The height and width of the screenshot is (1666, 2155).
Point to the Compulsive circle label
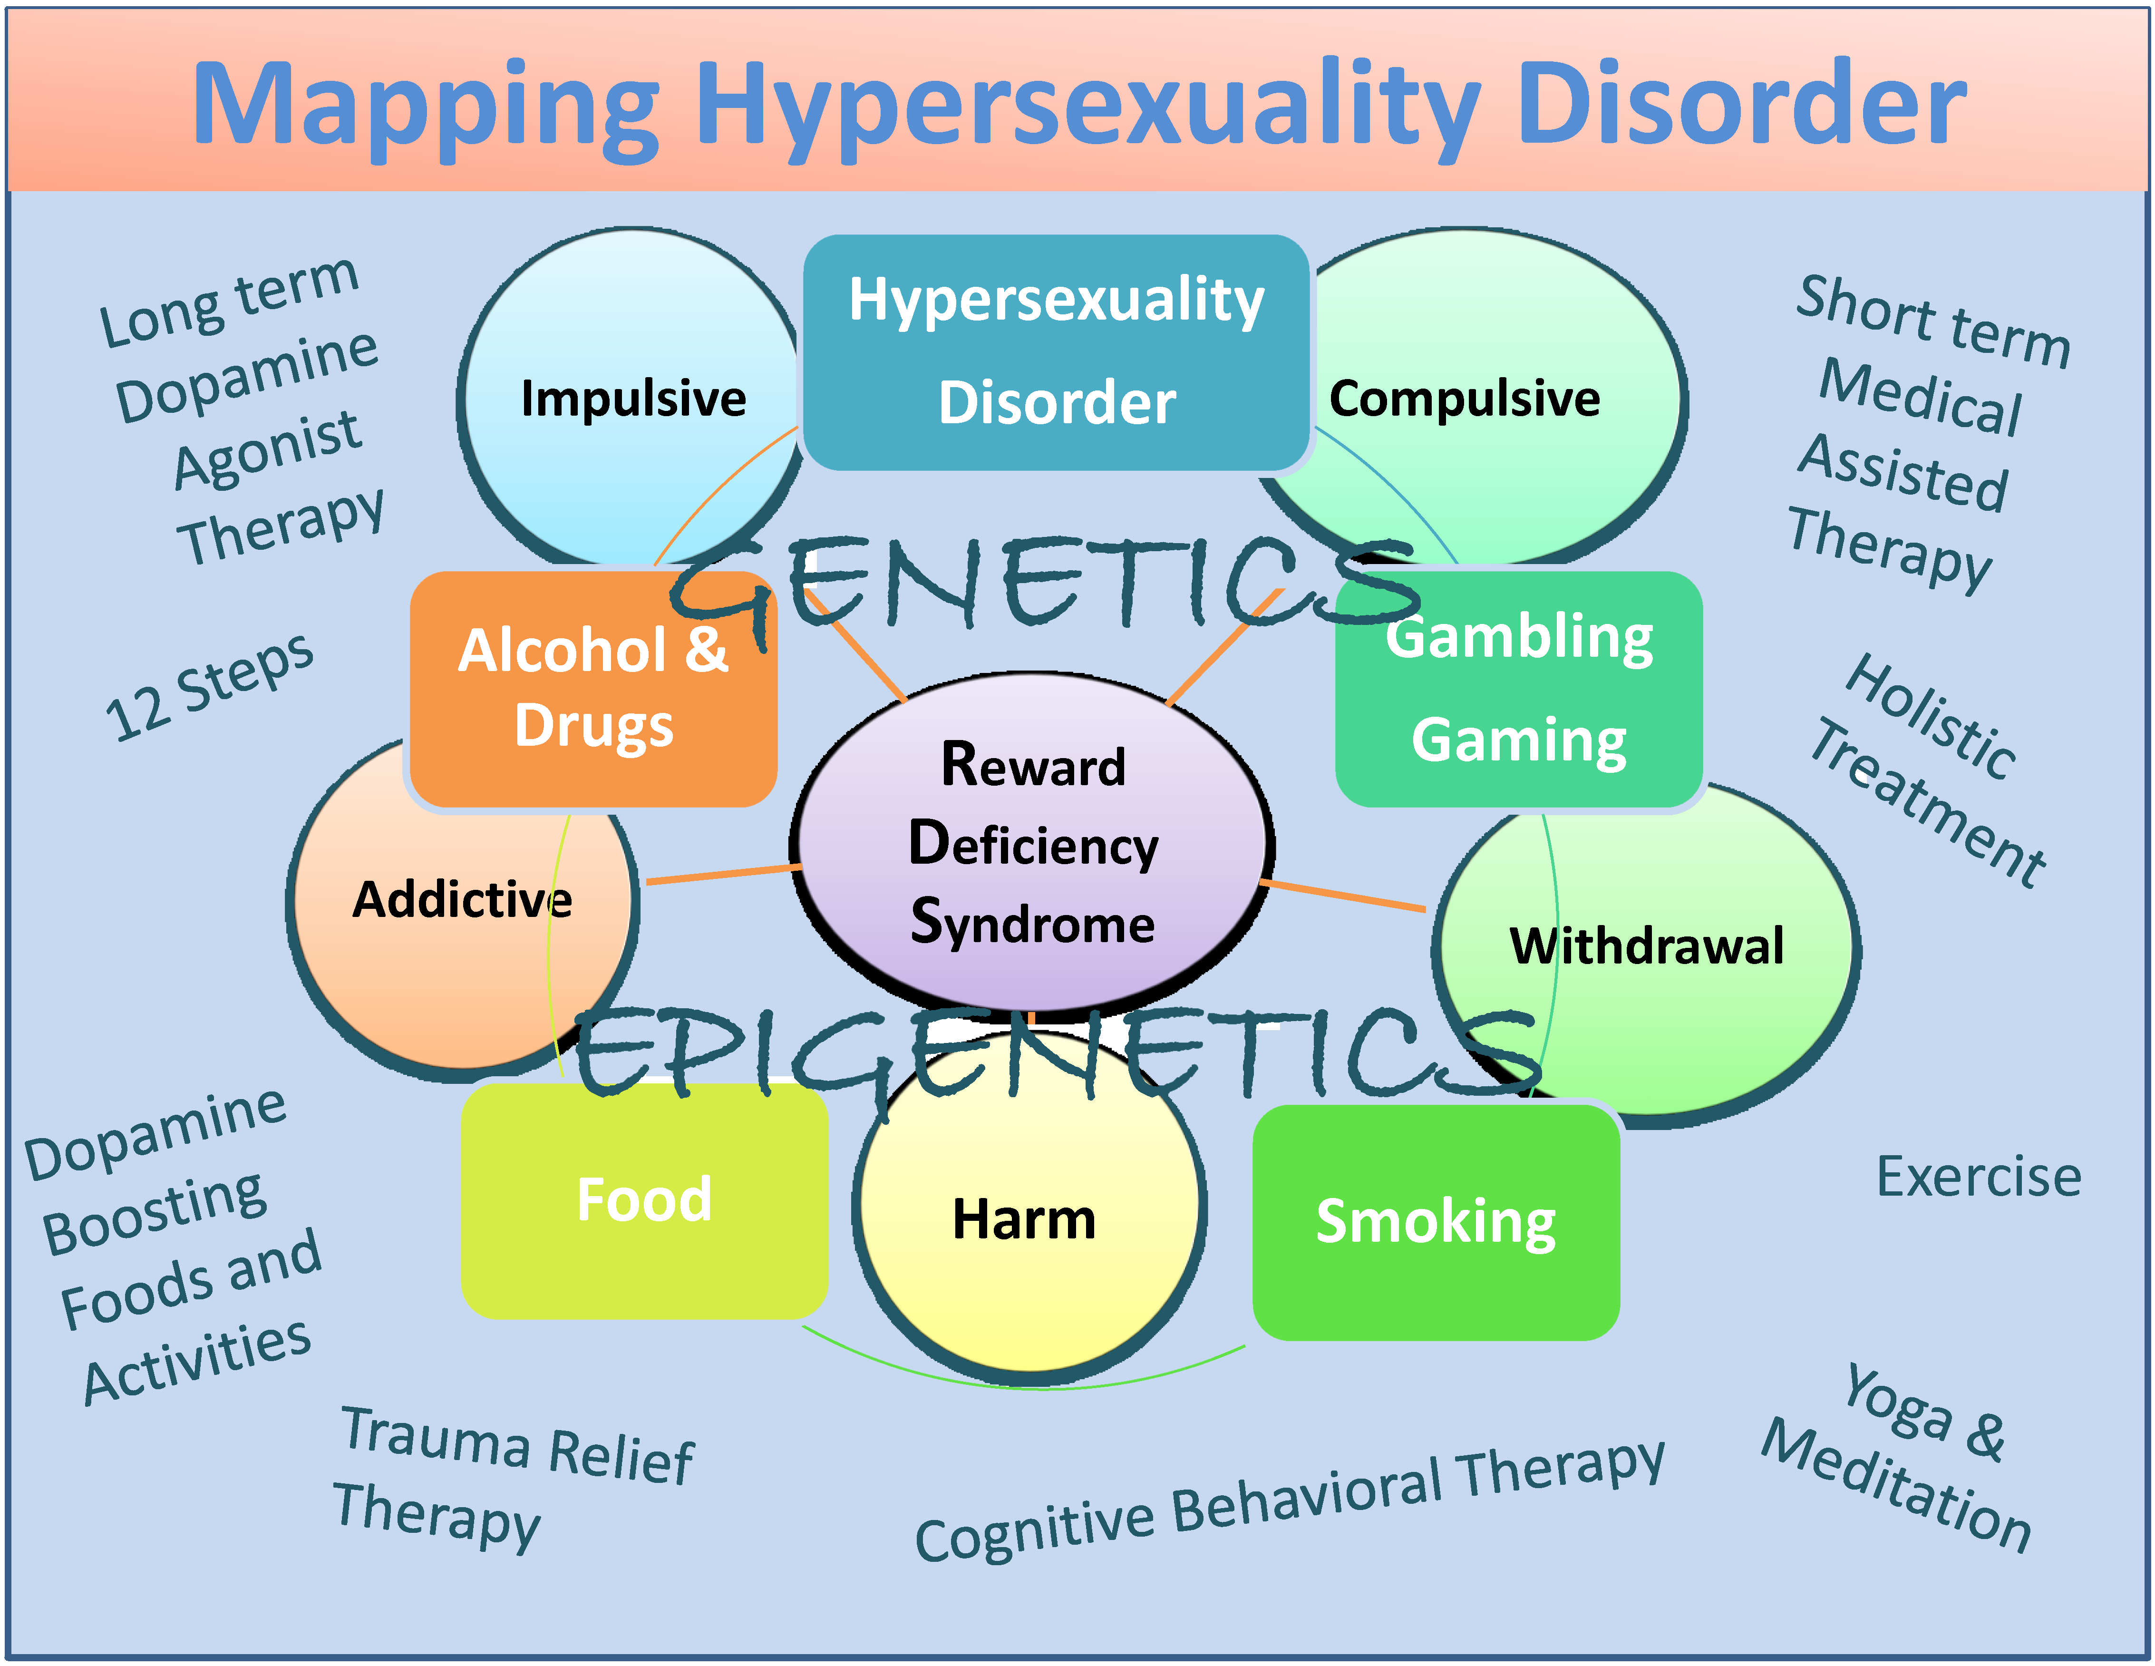[1464, 399]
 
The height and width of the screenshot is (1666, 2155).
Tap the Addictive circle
[462, 903]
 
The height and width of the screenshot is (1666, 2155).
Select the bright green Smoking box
[1436, 1222]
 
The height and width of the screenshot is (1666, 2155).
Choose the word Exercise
[1979, 1177]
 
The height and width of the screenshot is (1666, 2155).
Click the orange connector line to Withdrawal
[1344, 895]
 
